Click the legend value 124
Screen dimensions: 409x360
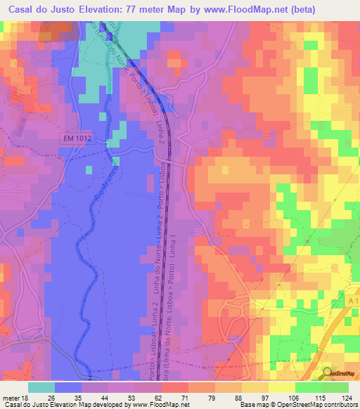(347, 398)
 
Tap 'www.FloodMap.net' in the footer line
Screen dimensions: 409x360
(150, 405)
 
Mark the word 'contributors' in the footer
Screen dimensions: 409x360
(338, 405)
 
